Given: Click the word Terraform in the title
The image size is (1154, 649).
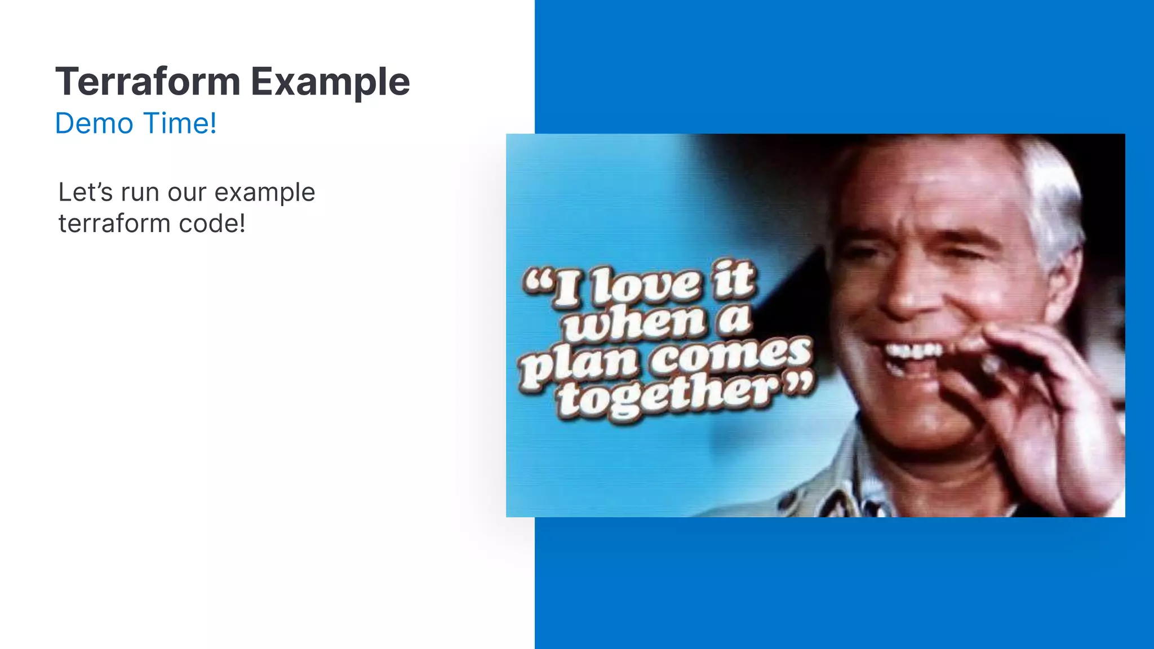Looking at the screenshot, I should point(148,82).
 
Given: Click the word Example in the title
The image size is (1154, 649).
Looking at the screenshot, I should point(330,82).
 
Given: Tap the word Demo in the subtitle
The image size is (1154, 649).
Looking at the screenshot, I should point(94,123).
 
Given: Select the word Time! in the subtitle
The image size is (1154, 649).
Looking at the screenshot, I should point(180,123).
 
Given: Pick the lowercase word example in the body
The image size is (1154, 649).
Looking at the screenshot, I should point(264,193).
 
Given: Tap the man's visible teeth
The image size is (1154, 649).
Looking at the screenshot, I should point(913,352).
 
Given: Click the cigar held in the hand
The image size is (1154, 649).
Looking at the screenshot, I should point(989,366).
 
